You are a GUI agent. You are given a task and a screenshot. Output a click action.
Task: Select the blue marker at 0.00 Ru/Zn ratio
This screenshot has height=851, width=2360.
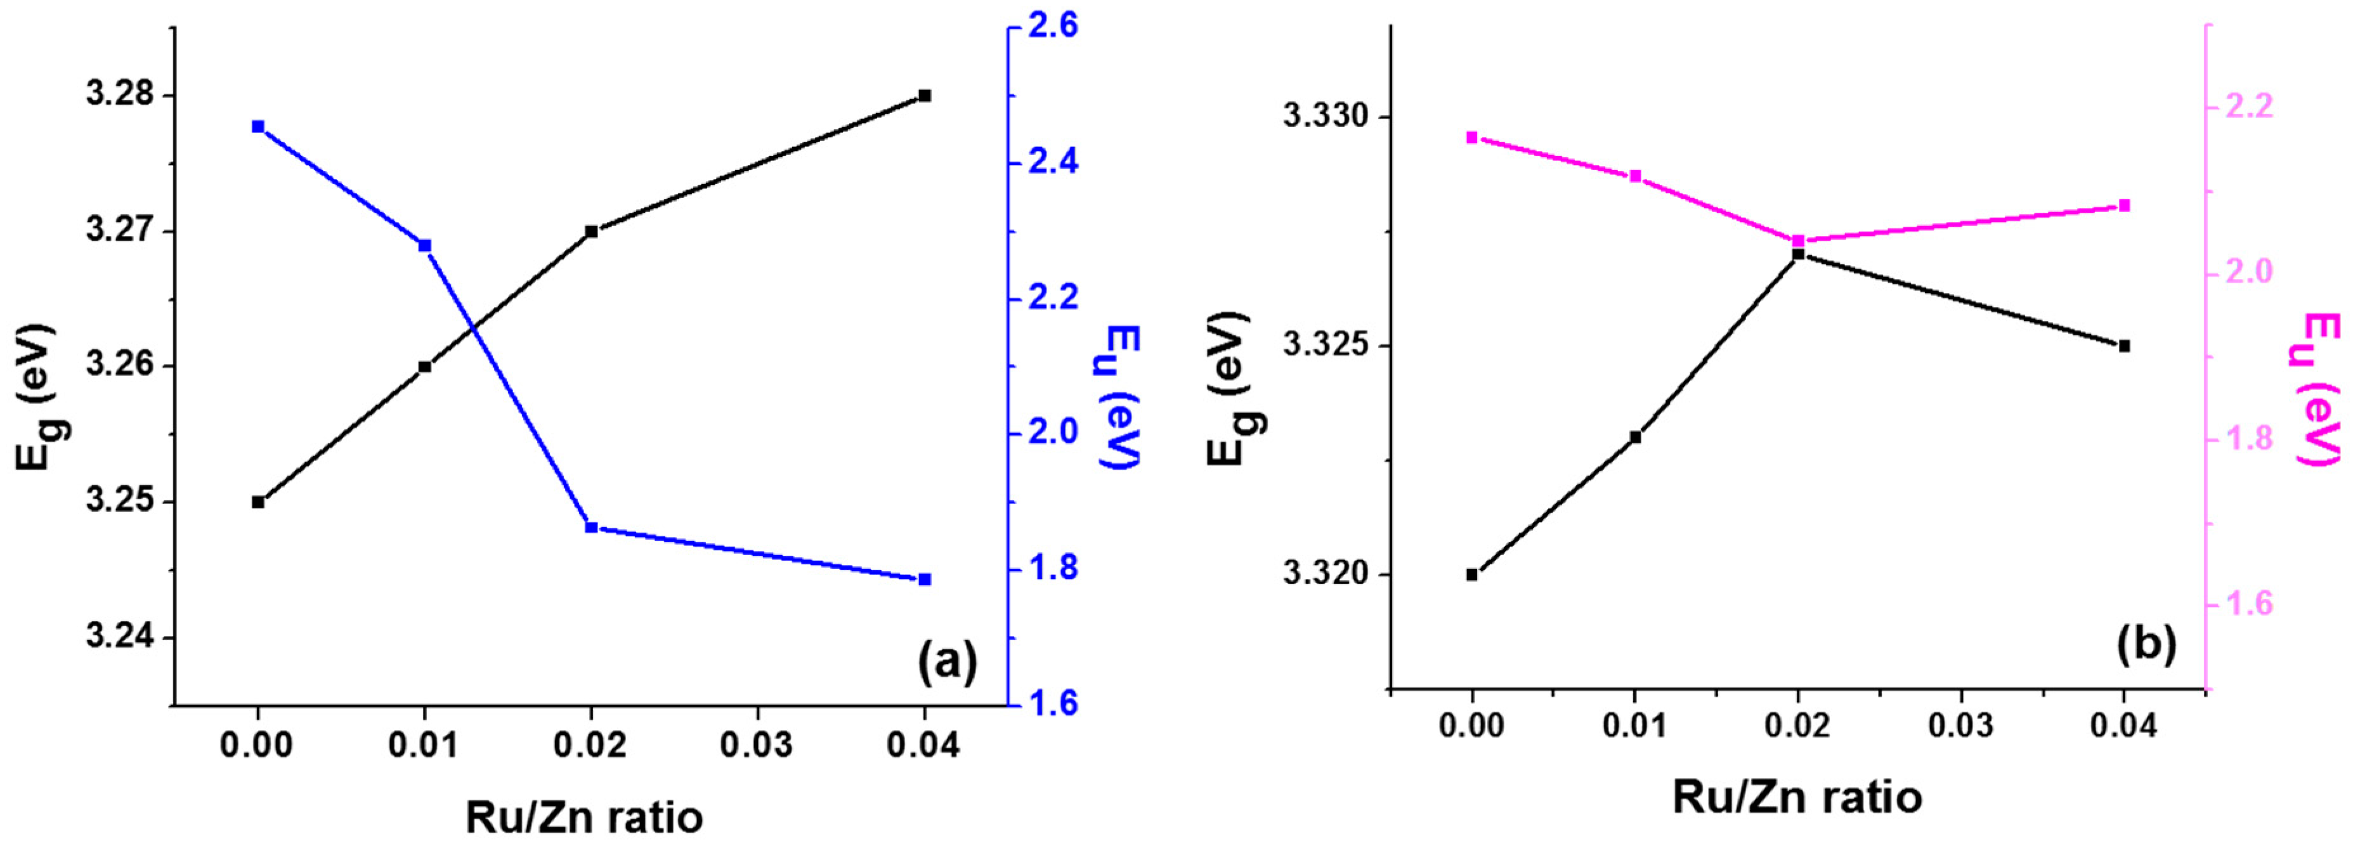258,126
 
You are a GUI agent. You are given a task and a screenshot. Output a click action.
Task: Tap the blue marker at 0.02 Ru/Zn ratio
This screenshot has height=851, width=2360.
592,528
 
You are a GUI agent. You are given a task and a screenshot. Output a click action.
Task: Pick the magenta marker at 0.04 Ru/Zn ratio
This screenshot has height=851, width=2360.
2125,205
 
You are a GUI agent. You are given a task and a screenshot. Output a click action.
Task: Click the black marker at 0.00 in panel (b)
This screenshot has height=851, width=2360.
1472,575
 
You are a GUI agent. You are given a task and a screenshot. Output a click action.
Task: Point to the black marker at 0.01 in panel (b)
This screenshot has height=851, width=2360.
1635,437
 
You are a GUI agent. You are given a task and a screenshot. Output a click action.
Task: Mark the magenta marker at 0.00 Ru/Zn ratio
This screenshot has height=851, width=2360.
1472,138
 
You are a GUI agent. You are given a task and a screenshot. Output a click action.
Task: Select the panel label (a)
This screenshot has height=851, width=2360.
948,661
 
